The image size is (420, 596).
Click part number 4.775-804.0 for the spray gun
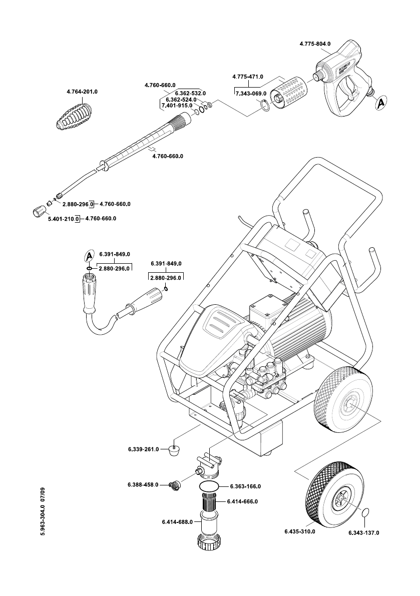[x=315, y=45]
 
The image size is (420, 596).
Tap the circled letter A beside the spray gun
[x=381, y=103]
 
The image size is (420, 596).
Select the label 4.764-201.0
[x=82, y=92]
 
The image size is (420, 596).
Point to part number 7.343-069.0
[x=250, y=93]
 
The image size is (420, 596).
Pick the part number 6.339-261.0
[x=143, y=449]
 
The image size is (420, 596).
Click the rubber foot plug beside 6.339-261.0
[x=174, y=450]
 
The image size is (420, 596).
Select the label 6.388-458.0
[x=143, y=484]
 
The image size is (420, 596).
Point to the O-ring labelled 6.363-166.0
[x=209, y=486]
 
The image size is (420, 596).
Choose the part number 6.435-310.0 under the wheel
[x=299, y=531]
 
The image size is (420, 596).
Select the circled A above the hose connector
[x=89, y=256]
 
